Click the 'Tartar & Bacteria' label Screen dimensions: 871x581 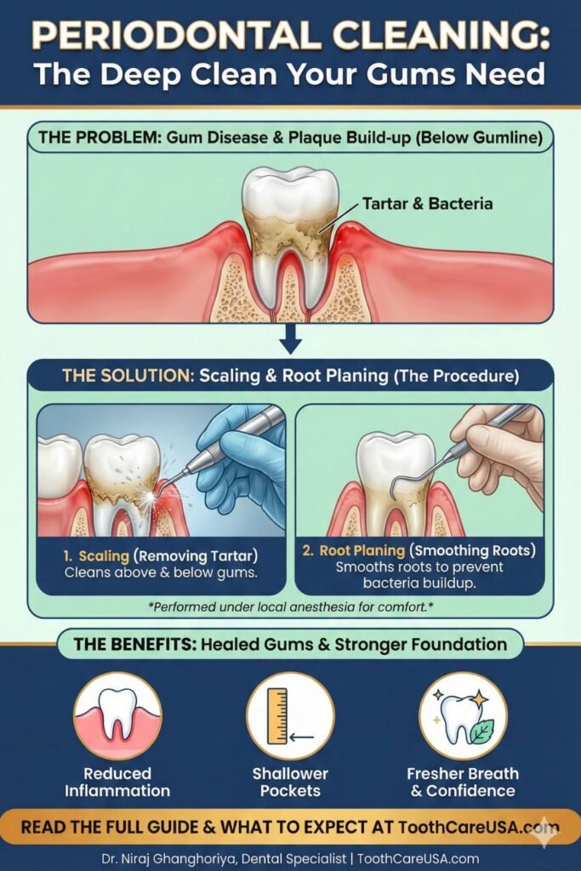click(x=427, y=204)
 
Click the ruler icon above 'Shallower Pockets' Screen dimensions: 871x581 click(x=278, y=715)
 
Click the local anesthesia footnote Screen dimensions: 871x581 click(x=290, y=606)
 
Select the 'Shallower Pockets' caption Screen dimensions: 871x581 click(x=290, y=782)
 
